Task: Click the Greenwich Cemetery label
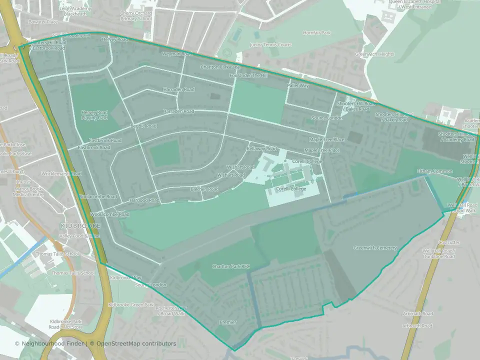(375, 248)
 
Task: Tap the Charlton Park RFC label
(230, 266)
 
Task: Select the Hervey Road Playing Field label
(94, 115)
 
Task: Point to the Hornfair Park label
(316, 33)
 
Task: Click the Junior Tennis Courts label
(270, 45)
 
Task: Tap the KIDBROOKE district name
(80, 226)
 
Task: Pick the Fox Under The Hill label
(248, 75)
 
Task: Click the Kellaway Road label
(261, 149)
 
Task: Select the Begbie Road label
(143, 126)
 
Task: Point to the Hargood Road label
(144, 200)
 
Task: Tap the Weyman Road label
(176, 53)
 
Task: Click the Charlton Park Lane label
(220, 66)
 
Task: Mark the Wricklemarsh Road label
(62, 174)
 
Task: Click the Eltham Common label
(434, 171)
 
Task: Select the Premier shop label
(227, 322)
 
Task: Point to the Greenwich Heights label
(374, 54)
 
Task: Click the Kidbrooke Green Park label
(131, 305)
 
